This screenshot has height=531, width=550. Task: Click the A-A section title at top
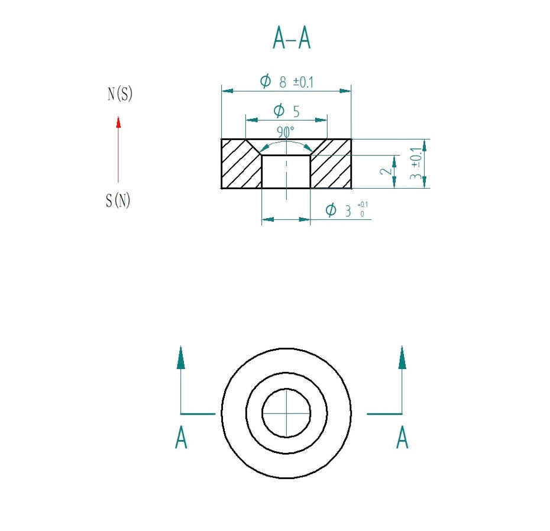point(291,38)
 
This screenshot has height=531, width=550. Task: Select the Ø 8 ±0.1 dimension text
point(287,82)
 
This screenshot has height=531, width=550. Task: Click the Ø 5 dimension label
point(286,111)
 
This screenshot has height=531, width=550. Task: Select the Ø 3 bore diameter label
point(339,211)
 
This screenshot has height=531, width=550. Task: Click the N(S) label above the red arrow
point(119,94)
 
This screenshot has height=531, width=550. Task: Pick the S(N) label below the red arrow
point(118,201)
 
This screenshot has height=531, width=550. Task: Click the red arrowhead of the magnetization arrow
point(118,122)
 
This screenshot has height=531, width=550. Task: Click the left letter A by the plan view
point(181,439)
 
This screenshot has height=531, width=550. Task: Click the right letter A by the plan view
point(402,439)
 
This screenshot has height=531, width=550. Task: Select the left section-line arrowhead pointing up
point(181,358)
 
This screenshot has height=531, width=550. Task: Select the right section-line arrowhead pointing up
point(402,358)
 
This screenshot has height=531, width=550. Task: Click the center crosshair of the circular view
point(286,413)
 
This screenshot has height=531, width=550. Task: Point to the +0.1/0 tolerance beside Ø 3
point(363,209)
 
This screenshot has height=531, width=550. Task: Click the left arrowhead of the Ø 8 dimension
point(227,91)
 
